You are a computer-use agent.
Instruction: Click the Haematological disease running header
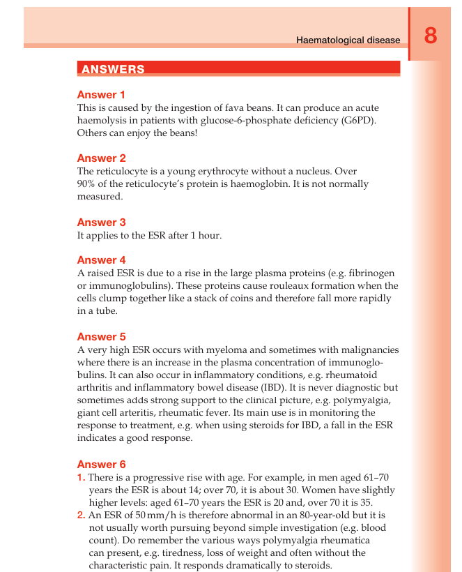point(348,40)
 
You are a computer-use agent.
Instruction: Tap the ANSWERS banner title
point(113,69)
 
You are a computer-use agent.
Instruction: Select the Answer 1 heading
point(101,95)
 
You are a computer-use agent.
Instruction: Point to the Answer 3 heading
point(101,223)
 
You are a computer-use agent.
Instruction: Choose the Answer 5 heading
point(101,337)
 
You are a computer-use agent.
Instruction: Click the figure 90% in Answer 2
point(87,184)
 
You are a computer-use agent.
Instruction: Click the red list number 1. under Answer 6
point(81,477)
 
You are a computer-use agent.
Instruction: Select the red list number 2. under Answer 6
point(81,515)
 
